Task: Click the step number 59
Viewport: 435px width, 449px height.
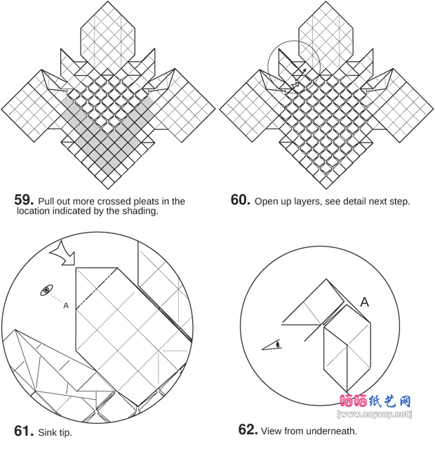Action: click(24, 200)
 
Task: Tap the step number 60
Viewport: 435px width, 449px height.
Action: click(241, 200)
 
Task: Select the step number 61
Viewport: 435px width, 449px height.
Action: click(24, 431)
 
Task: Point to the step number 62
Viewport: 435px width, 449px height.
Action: click(248, 429)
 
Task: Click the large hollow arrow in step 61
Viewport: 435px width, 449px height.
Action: click(63, 254)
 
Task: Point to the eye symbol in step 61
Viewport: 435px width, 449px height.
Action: click(46, 290)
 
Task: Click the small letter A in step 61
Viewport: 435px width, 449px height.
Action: click(66, 306)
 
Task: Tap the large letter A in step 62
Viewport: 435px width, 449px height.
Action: click(364, 302)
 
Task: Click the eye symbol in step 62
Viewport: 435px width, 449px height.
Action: click(272, 345)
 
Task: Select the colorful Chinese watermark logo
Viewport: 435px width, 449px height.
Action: click(375, 401)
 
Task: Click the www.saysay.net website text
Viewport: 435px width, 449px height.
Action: click(375, 414)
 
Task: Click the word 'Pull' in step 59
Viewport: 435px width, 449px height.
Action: click(46, 201)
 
